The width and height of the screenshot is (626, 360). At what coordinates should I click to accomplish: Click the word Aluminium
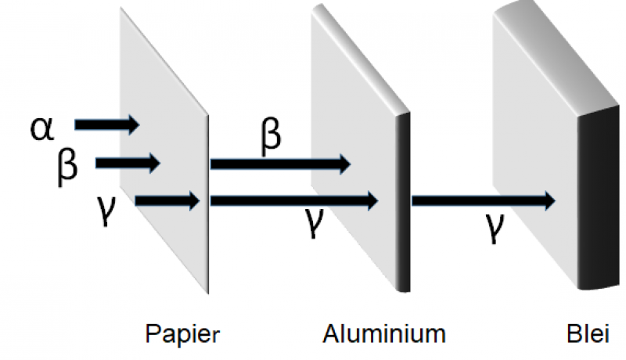pos(384,334)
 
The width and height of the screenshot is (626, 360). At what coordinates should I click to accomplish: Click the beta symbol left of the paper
pos(68,165)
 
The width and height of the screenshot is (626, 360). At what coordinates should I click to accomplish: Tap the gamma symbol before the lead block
pos(494,228)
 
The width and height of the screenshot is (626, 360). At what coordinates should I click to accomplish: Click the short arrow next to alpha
pos(106,124)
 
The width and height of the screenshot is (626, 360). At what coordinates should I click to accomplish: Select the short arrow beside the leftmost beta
pos(128,164)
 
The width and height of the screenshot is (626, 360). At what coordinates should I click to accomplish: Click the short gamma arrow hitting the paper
pos(168,201)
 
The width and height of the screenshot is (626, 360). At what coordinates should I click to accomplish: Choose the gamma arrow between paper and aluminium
pos(294,201)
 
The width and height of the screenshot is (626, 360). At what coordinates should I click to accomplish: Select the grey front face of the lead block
pos(532,117)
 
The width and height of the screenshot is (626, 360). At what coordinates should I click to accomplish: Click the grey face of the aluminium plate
pos(352,110)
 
